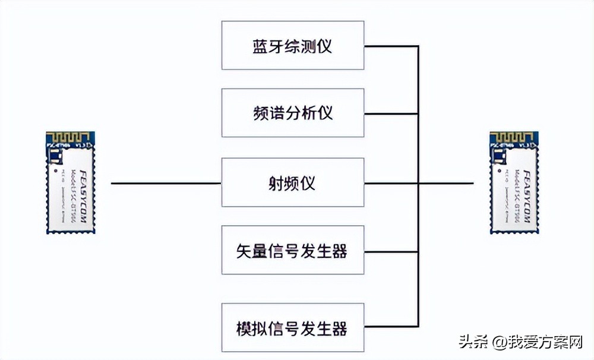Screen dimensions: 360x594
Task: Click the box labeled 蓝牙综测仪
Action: coord(292,46)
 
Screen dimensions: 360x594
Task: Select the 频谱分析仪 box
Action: coord(292,113)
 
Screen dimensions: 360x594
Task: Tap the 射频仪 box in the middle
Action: coord(292,182)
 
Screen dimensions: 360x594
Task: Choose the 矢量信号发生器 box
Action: coord(292,250)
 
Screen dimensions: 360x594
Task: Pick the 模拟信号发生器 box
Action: coord(292,327)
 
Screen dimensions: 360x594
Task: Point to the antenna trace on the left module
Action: coord(70,138)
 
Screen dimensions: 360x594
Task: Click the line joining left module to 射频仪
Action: coord(166,183)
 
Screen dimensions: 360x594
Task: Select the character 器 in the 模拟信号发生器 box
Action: coord(340,328)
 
